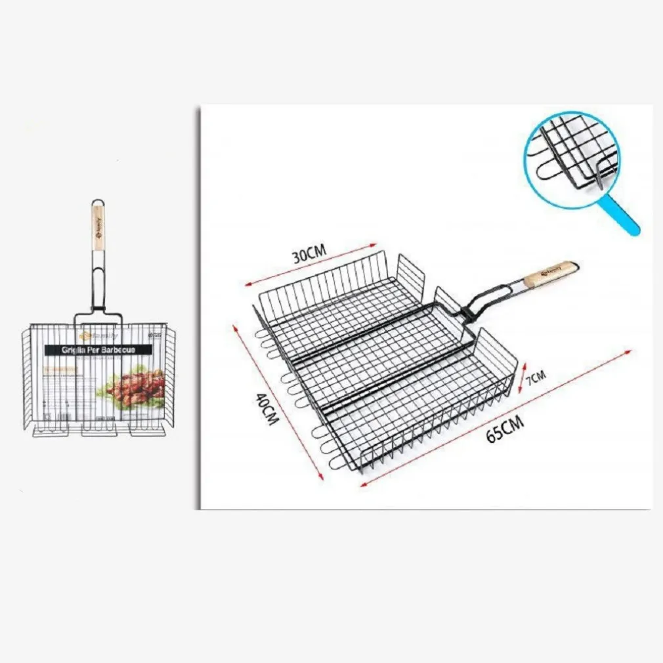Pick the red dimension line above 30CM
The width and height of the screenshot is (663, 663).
[x=308, y=267]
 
